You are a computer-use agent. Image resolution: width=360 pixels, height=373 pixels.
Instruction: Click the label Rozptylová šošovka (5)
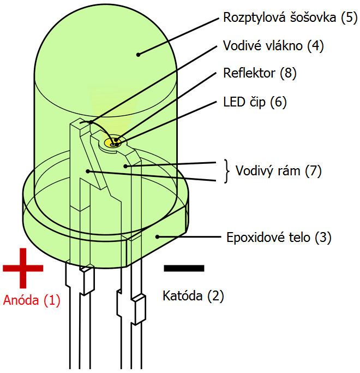290,18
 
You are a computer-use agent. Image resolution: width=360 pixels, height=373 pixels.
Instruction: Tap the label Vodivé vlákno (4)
273,46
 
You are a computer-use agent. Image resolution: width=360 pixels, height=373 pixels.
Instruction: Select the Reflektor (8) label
260,73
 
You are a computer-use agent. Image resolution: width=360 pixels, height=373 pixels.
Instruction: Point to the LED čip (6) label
255,102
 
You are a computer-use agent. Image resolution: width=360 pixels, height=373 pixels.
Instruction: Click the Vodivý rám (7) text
278,171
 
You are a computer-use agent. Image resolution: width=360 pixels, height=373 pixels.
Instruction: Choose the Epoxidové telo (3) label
279,238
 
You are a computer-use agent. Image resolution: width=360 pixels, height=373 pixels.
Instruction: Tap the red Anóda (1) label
32,300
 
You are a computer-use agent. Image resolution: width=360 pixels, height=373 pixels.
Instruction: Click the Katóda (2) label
193,296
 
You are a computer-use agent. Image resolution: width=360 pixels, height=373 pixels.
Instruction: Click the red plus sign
23,268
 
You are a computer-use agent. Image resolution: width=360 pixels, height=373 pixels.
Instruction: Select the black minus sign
184,268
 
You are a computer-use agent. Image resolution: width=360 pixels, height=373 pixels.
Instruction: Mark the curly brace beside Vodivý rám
227,171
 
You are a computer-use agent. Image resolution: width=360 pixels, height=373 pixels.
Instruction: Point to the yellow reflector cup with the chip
112,143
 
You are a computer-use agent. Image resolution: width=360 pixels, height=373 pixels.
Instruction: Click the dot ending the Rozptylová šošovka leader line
138,55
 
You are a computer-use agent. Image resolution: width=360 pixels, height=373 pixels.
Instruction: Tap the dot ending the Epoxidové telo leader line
157,236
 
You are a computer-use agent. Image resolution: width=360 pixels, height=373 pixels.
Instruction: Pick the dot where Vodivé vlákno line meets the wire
91,122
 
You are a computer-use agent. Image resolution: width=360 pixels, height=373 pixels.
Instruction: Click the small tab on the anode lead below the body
87,280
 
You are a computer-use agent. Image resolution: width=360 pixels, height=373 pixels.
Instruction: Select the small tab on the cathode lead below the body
139,310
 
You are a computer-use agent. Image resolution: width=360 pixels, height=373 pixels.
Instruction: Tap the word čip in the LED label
257,102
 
